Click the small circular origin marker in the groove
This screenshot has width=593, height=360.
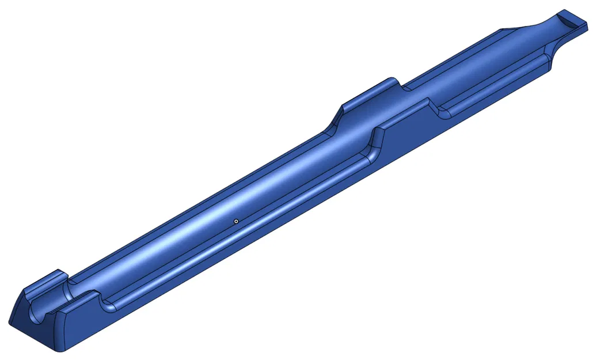236,220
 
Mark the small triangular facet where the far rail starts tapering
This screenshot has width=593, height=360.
503,29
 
